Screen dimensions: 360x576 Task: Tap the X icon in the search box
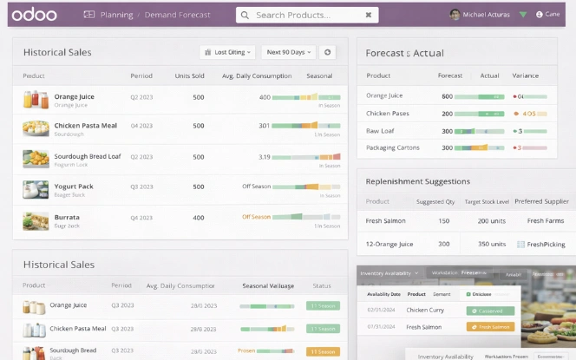coord(369,15)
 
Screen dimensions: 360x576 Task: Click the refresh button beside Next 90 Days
coord(327,52)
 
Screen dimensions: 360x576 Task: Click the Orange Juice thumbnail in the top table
coord(36,99)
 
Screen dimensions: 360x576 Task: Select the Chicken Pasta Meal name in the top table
coord(85,125)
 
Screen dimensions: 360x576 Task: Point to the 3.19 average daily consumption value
coord(264,157)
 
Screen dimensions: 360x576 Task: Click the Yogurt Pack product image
coord(36,189)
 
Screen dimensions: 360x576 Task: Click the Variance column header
coord(526,75)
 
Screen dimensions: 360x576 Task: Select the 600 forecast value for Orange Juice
coord(447,96)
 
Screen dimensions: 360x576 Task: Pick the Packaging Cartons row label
coord(393,147)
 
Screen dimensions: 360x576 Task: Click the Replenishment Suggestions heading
coord(417,181)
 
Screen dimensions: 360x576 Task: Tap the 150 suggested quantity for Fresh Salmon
coord(443,221)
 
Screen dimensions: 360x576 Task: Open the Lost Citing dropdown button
coord(227,52)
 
